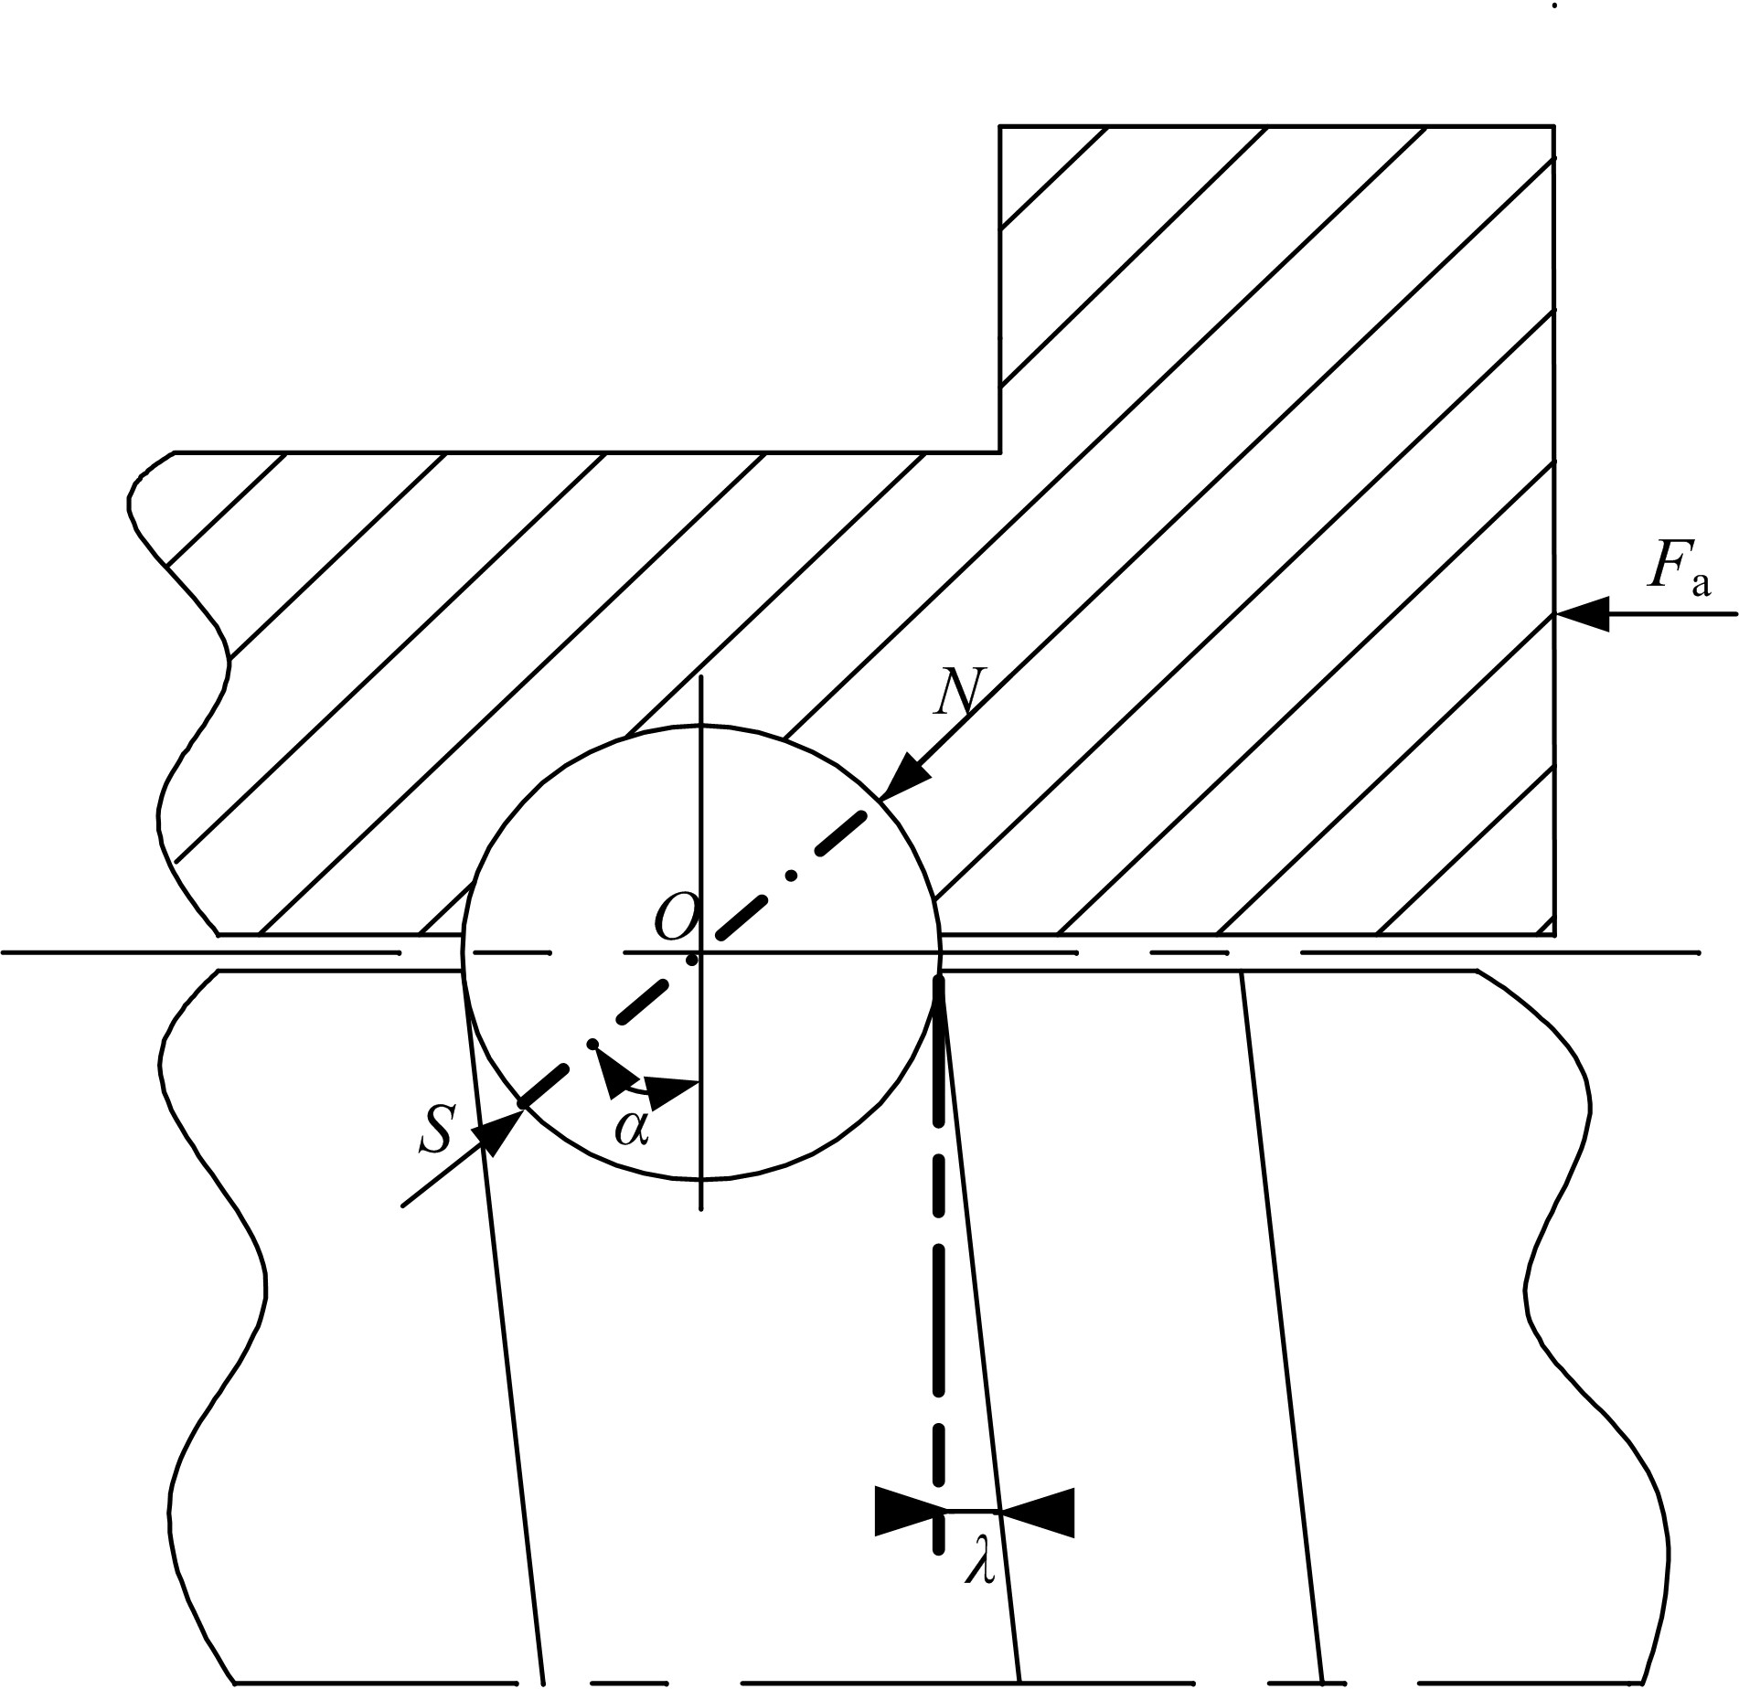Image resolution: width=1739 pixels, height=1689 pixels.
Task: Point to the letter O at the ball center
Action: click(x=676, y=917)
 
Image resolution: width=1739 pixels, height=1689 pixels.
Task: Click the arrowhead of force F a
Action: click(x=1581, y=614)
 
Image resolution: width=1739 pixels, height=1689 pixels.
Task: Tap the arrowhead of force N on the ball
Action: click(x=904, y=776)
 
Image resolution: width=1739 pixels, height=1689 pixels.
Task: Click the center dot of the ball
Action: click(x=692, y=959)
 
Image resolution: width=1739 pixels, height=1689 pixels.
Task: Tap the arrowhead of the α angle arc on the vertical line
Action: click(x=672, y=1088)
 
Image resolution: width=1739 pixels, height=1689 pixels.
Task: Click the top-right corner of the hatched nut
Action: click(x=1553, y=125)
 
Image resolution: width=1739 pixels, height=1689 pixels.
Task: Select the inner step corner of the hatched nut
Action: click(x=999, y=451)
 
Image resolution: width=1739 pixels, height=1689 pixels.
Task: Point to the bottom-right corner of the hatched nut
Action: click(x=1553, y=935)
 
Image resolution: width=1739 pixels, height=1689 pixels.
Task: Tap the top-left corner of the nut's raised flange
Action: click(x=999, y=125)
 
